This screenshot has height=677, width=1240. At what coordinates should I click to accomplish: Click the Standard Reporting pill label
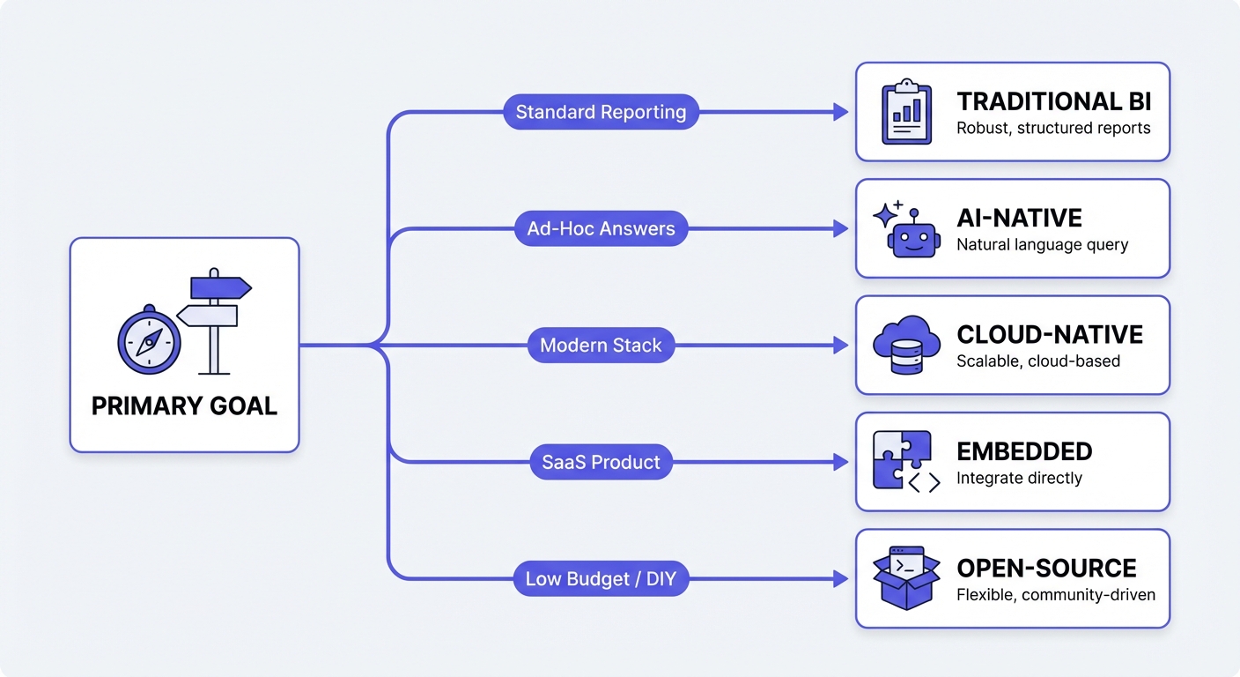tap(601, 112)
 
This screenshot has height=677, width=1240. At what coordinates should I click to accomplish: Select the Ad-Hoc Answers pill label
tap(601, 228)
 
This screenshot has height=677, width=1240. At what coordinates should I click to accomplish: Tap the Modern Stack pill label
tap(601, 345)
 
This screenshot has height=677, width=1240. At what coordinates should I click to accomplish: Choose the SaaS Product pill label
tap(601, 462)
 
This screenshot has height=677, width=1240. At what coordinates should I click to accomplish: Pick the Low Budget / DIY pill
tap(601, 579)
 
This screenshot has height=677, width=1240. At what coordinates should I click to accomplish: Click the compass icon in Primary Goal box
tap(149, 338)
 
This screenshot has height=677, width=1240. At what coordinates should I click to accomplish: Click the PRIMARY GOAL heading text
tap(184, 405)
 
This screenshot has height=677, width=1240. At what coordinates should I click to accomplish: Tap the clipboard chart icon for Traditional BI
tap(906, 112)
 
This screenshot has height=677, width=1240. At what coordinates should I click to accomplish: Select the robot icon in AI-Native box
tap(907, 233)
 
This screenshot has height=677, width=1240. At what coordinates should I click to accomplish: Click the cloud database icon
tap(906, 345)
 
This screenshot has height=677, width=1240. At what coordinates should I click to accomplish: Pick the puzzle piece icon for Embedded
tap(903, 460)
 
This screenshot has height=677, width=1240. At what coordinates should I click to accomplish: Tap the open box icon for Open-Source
tap(906, 578)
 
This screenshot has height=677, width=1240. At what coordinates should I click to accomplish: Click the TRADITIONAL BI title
tap(1053, 100)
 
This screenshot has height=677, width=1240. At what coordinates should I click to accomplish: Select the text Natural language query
tap(1042, 244)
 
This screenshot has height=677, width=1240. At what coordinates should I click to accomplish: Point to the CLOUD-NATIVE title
tap(1050, 334)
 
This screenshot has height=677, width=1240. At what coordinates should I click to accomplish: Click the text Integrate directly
tap(1019, 478)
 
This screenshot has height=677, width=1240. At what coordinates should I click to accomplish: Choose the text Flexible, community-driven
tap(1055, 594)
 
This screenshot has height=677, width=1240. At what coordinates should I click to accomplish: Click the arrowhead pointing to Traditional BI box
tap(841, 112)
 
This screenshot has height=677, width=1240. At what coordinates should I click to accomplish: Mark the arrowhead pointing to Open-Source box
tap(841, 579)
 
